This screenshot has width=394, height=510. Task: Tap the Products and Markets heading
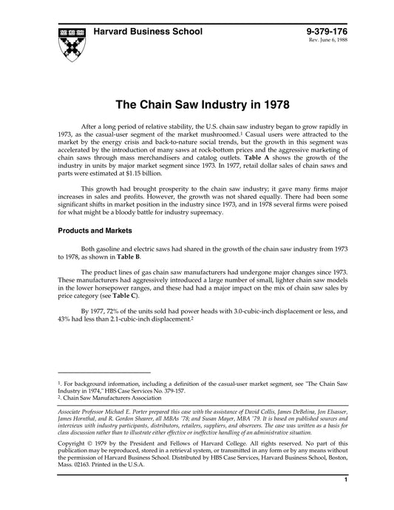pos(95,231)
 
